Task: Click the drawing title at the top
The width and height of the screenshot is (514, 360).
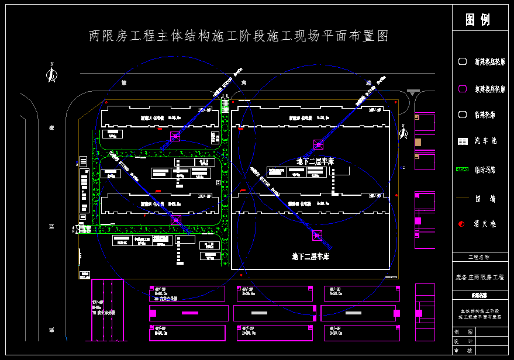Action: pyautogui.click(x=239, y=36)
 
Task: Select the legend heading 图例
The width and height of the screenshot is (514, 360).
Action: pyautogui.click(x=477, y=20)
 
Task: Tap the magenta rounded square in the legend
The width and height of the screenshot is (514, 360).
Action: pyautogui.click(x=462, y=89)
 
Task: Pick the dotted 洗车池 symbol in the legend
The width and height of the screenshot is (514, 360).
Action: pyautogui.click(x=462, y=141)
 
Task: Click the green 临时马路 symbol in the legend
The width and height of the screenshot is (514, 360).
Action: pyautogui.click(x=462, y=169)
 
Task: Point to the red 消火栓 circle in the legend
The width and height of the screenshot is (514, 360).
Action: pyautogui.click(x=462, y=224)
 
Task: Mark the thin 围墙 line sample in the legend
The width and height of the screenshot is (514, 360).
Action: pyautogui.click(x=462, y=198)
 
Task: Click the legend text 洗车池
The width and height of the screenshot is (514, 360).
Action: pyautogui.click(x=485, y=141)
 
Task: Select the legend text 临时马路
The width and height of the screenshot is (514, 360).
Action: pyautogui.click(x=485, y=169)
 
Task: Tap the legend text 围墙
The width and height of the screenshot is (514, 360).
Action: pyautogui.click(x=485, y=199)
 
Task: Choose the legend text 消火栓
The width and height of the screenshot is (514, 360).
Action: pyautogui.click(x=485, y=224)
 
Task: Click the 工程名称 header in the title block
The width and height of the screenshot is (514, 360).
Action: pyautogui.click(x=479, y=257)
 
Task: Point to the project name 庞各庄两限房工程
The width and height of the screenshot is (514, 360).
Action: pyautogui.click(x=479, y=277)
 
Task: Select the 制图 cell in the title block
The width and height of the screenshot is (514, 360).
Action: pyautogui.click(x=463, y=331)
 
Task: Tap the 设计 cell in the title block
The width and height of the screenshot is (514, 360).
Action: pyautogui.click(x=463, y=341)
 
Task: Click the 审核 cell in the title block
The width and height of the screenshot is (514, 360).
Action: pyautogui.click(x=463, y=351)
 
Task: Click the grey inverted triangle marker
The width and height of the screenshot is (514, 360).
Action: pyautogui.click(x=413, y=93)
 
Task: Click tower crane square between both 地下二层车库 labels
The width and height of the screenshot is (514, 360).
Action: pyautogui.click(x=317, y=235)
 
